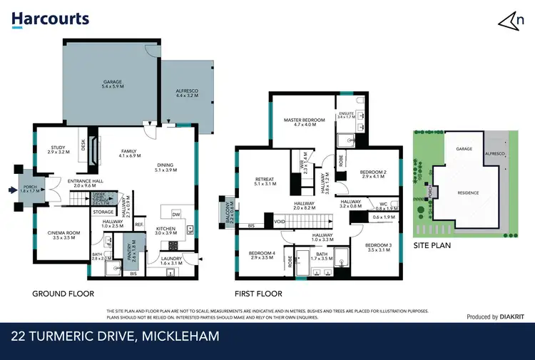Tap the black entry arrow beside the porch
click(x=10, y=190)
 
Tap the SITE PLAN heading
click(x=432, y=244)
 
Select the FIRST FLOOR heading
click(x=258, y=294)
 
